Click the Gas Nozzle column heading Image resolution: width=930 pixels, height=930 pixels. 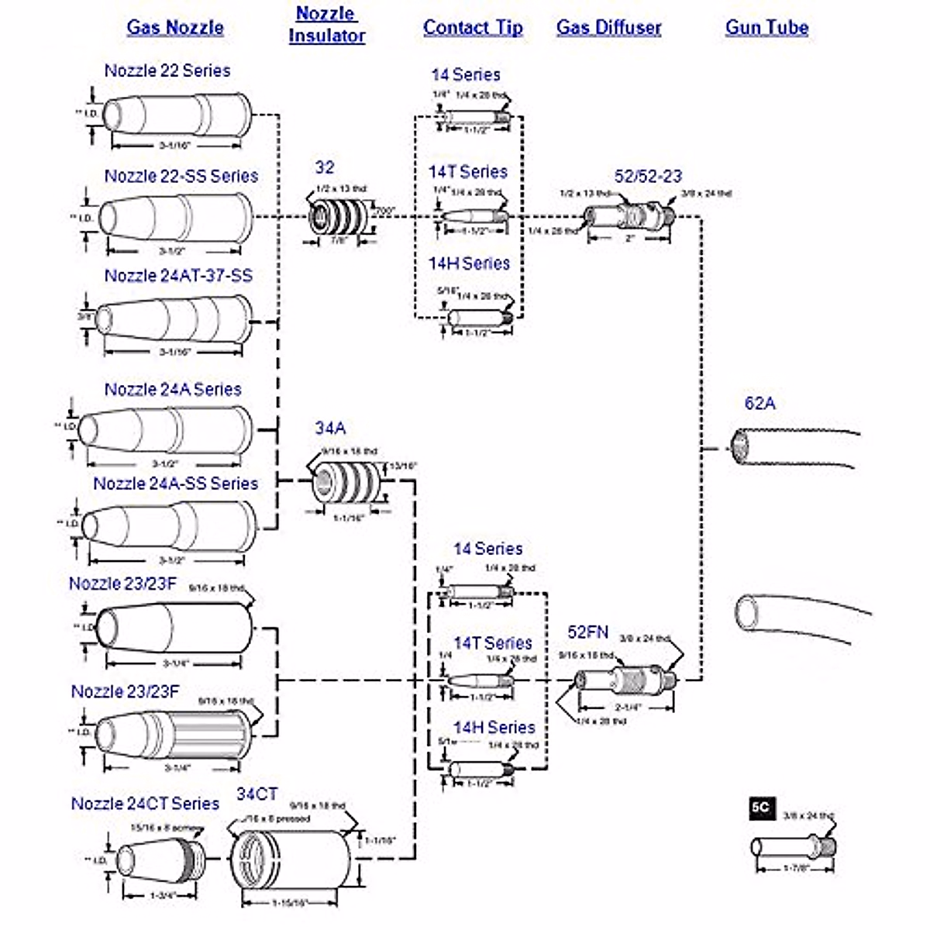175,28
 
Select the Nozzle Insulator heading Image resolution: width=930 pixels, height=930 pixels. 326,25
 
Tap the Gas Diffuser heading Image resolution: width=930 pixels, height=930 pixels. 608,28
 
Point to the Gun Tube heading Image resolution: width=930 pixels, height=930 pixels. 766,28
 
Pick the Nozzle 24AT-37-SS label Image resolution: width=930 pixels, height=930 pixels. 178,276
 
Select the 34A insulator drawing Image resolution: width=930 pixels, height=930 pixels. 348,484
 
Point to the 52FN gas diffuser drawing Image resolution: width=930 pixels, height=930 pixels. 626,680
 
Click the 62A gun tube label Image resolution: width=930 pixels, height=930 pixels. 759,404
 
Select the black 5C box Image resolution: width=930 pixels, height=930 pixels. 761,808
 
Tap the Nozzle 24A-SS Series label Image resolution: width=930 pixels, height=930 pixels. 175,484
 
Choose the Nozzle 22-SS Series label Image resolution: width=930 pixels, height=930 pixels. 181,177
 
